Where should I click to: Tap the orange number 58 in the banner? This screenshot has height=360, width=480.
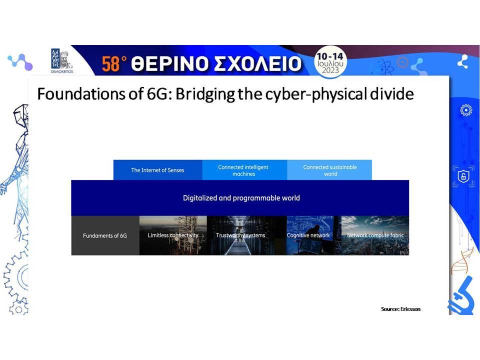tap(110, 64)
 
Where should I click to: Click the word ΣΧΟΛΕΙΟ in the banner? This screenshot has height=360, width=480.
tap(258, 64)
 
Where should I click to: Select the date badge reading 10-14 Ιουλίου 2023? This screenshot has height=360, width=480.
tap(330, 63)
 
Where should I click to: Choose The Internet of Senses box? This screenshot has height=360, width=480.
tap(157, 170)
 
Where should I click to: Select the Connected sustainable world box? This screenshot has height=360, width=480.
tap(329, 170)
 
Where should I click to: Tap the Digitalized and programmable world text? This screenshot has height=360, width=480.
tap(241, 198)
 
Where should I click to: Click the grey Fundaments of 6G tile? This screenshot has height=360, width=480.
tap(105, 235)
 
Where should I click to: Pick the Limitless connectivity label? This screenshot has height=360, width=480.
tap(173, 235)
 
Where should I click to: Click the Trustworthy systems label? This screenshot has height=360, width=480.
tap(240, 235)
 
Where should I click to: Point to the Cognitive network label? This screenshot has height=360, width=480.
tap(308, 235)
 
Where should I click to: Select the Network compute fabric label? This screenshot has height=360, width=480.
tap(375, 235)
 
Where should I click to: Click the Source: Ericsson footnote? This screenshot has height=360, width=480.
tap(400, 309)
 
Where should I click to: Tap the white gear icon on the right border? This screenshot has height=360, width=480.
tap(465, 110)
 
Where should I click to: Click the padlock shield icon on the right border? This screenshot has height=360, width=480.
tap(463, 176)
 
